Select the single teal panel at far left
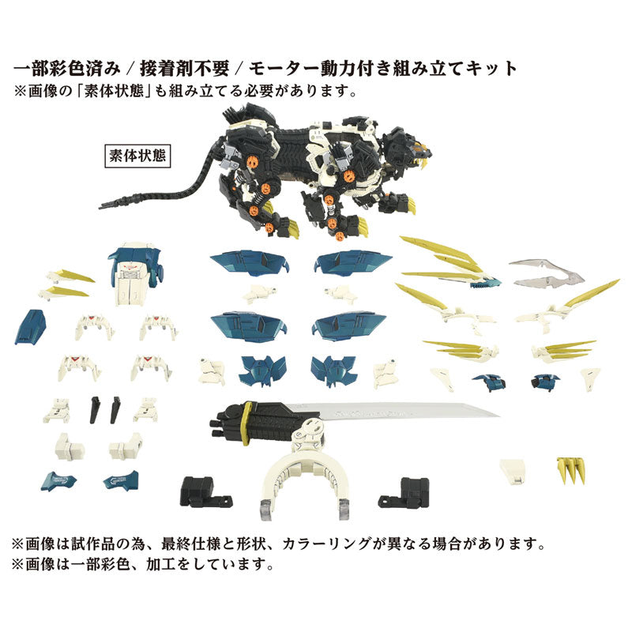[29, 325]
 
